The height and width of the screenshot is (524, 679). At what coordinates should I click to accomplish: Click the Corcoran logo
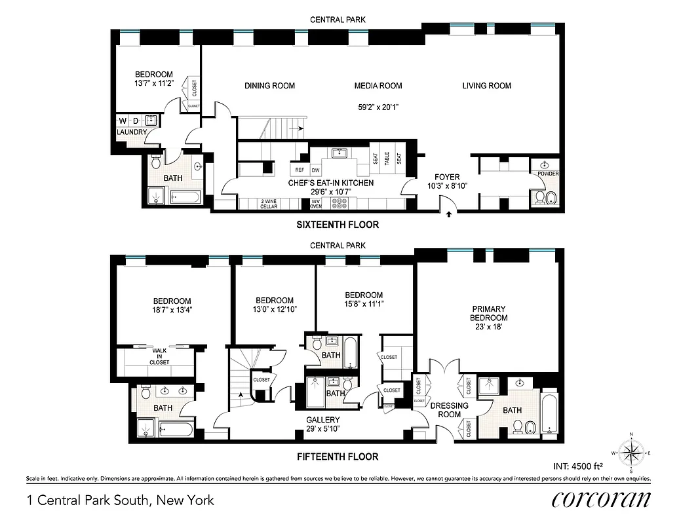coord(601,499)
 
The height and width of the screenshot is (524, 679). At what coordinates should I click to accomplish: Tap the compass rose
coord(632,453)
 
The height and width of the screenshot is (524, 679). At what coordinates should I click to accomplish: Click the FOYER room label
coord(449,177)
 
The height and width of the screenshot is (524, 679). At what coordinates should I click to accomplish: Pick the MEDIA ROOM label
coord(378,86)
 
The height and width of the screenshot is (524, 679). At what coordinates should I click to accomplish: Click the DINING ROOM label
coord(269,86)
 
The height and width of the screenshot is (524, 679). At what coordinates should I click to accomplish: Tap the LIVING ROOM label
coord(486,86)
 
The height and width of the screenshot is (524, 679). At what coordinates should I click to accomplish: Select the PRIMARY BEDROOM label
coord(489,313)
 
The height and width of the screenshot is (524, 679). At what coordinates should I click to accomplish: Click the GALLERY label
coord(323,420)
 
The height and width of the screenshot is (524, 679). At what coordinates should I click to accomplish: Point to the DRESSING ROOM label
coord(450,409)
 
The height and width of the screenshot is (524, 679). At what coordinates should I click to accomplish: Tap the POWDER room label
coord(548,174)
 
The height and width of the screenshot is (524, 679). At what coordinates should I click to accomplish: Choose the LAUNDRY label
coord(132,132)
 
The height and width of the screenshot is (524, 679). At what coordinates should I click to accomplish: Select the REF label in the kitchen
coord(301,169)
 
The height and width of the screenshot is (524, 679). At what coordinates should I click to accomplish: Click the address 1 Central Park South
coord(121,501)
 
